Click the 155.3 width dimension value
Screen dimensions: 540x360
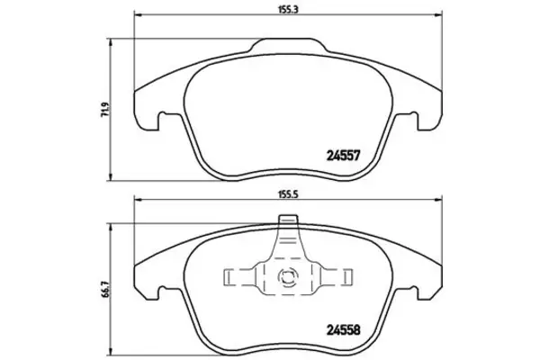point(288,10)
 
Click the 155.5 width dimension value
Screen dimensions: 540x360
point(288,194)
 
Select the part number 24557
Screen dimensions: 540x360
point(343,156)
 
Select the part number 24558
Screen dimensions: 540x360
point(343,330)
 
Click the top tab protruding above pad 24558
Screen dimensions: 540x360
point(288,220)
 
